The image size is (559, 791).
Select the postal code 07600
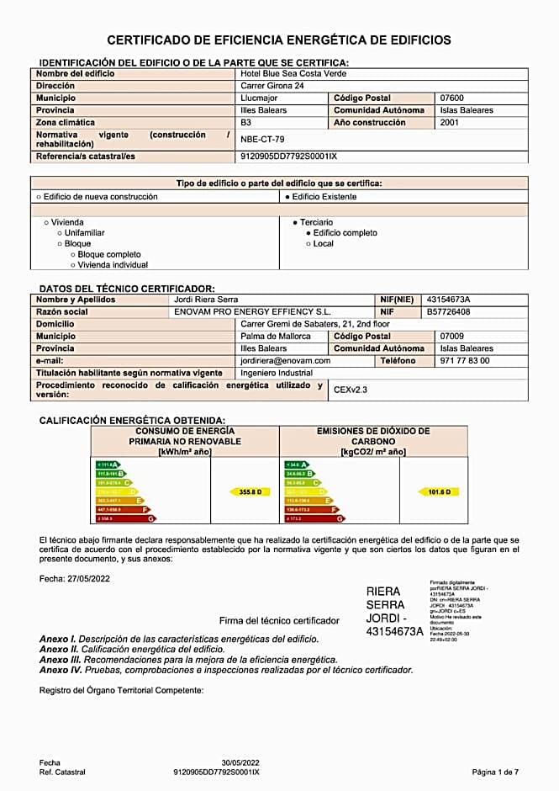point(452,98)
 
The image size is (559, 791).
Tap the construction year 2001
point(450,123)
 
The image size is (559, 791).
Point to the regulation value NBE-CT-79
point(262,140)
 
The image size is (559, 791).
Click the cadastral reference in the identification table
point(288,157)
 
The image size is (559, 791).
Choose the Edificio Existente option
point(320,197)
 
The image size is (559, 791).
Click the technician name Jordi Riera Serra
point(206,300)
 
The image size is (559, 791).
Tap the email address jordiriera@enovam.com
point(286,361)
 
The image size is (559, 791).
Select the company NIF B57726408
point(448,312)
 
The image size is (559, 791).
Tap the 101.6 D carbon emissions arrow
point(439,491)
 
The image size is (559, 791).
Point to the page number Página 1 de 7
point(495,772)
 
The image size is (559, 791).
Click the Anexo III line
point(188,660)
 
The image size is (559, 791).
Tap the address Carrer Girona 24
point(272,86)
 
